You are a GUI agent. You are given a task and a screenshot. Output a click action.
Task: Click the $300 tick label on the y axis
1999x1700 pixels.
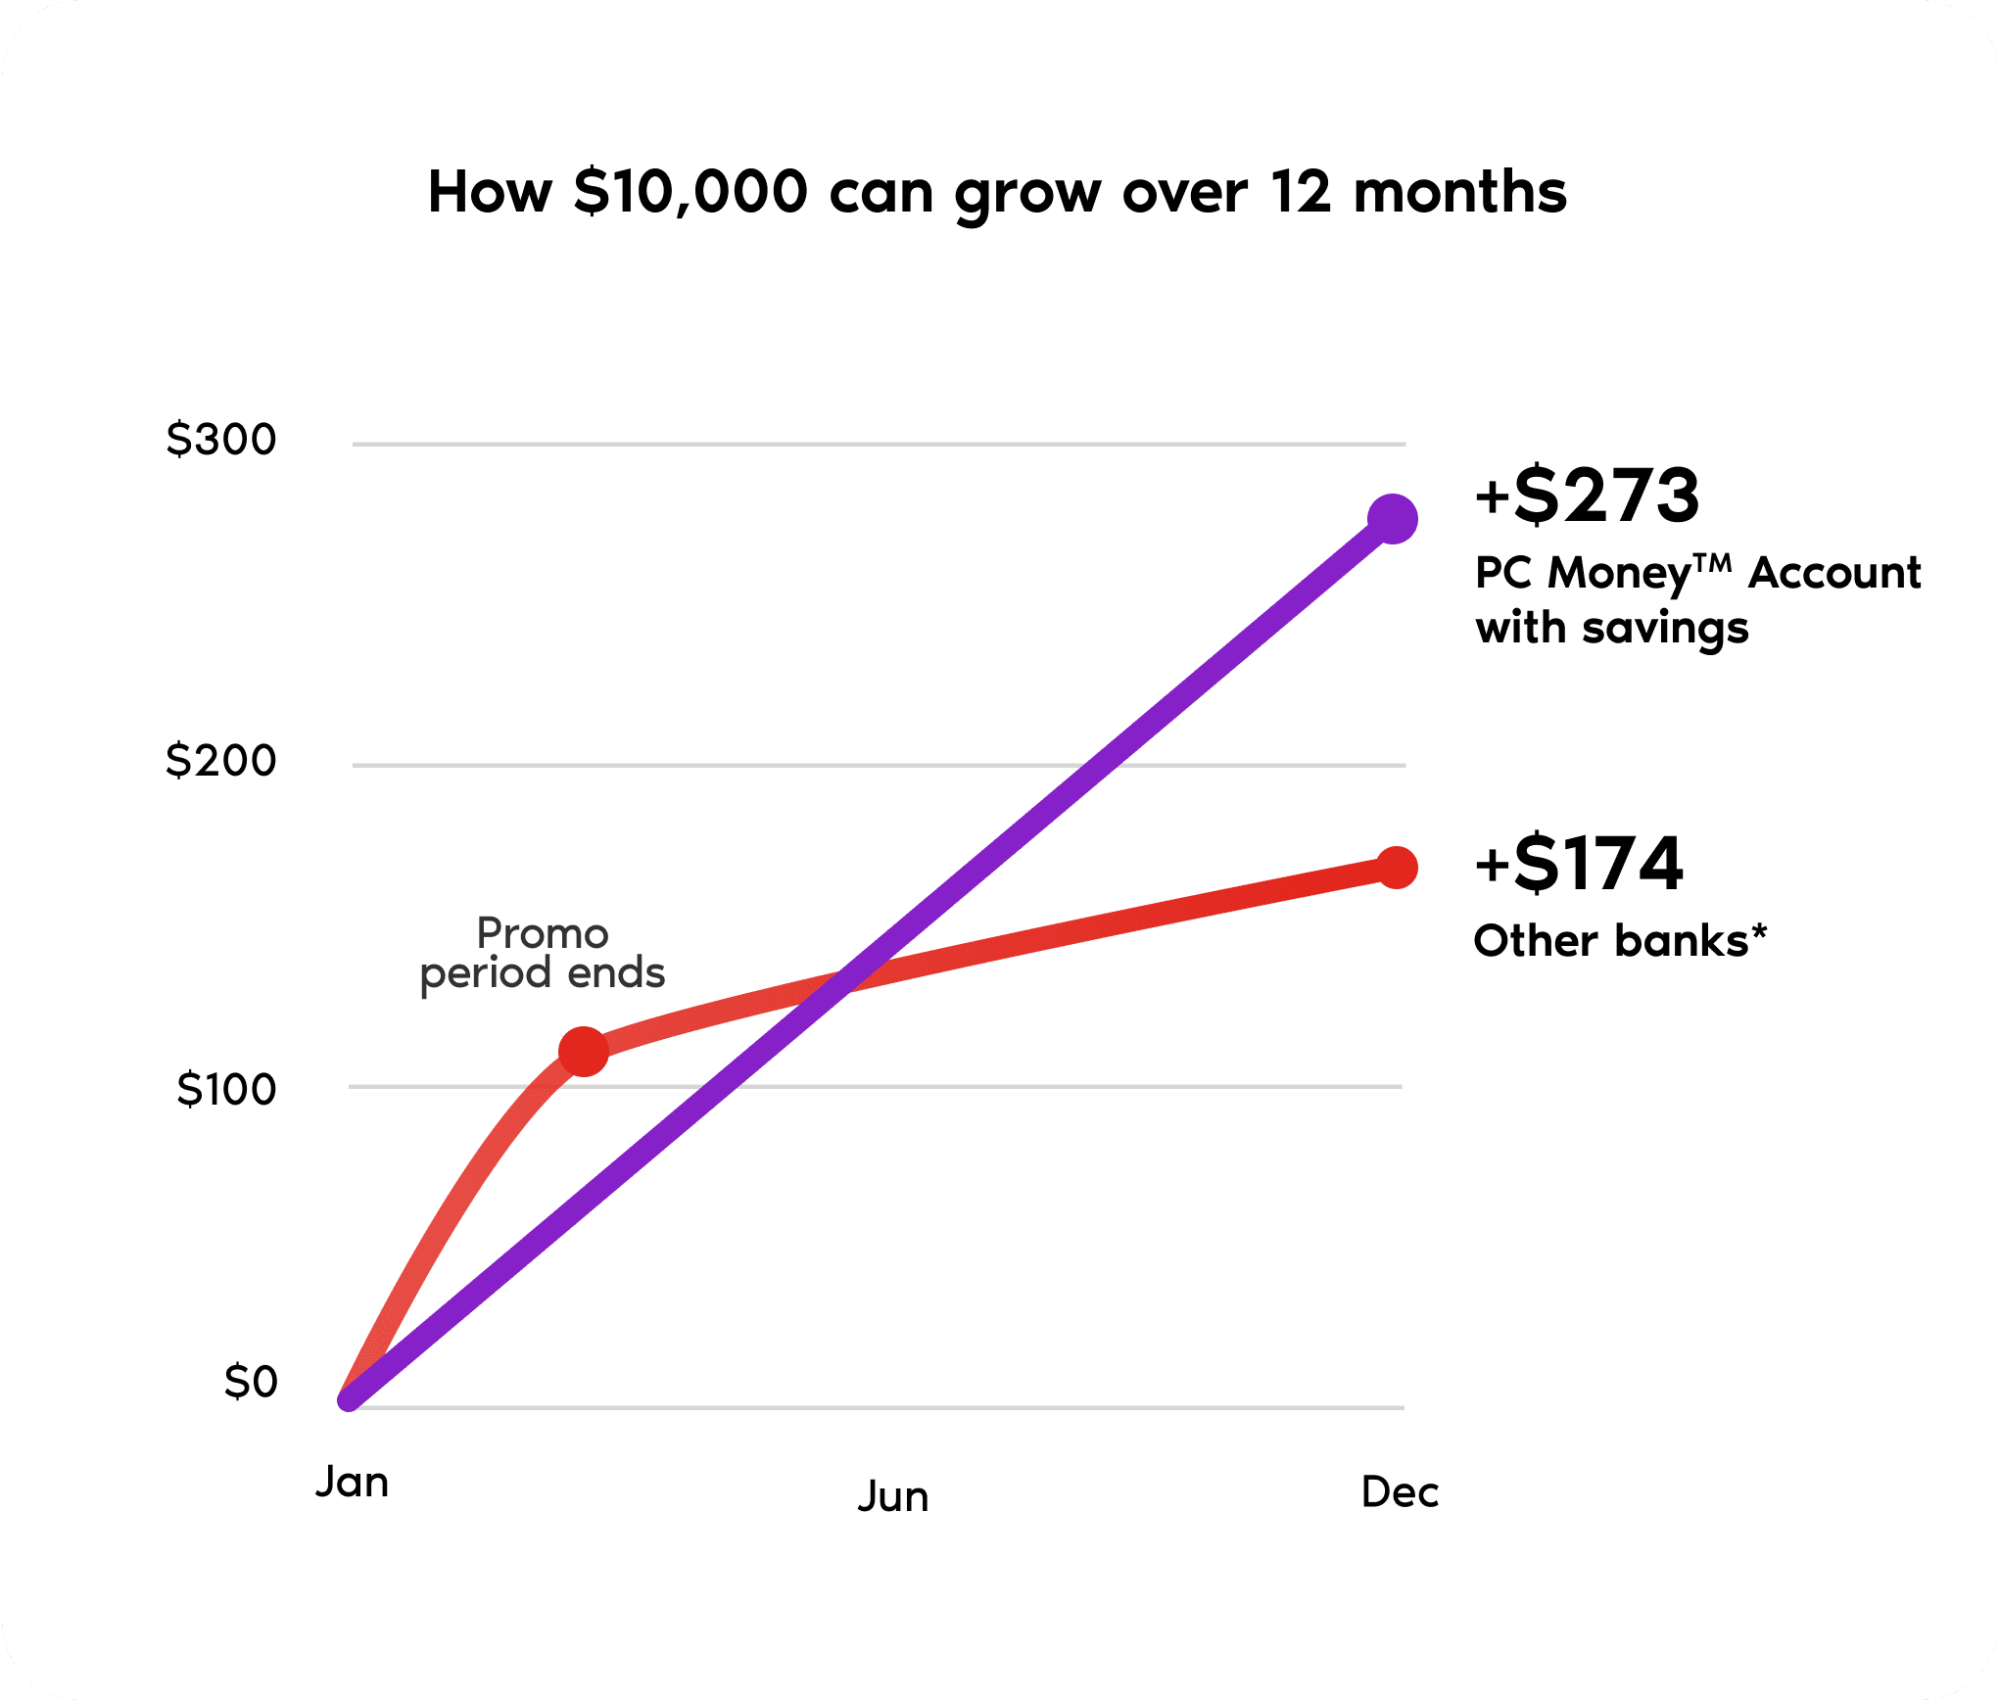[x=221, y=440]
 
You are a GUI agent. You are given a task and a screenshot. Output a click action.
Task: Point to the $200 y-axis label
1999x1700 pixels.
[x=221, y=761]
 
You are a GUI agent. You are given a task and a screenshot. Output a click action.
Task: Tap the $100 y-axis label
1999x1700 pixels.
[x=226, y=1090]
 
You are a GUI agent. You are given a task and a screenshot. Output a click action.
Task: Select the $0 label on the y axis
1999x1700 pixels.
[x=251, y=1382]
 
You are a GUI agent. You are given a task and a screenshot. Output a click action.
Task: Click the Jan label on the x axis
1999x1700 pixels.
[x=352, y=1483]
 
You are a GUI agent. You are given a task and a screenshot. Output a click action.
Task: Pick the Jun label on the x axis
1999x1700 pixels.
[x=893, y=1497]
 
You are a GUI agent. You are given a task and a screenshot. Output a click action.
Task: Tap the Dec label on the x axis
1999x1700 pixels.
[x=1400, y=1492]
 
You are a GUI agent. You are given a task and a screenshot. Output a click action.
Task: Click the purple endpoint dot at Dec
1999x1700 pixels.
[x=1392, y=519]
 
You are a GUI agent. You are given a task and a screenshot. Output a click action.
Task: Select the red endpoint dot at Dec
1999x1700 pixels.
[x=1397, y=868]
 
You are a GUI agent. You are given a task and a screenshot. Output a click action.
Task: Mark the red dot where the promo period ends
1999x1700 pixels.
[x=584, y=1052]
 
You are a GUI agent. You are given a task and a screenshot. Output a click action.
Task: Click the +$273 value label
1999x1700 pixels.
[x=1587, y=496]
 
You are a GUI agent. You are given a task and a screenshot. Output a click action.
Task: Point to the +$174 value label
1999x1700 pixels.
[x=1579, y=864]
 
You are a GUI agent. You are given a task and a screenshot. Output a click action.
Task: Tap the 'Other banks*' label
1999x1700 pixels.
[x=1620, y=941]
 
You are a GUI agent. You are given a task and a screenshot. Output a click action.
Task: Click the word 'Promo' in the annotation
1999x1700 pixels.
[x=543, y=933]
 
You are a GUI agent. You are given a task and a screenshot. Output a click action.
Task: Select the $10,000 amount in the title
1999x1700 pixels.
[x=690, y=192]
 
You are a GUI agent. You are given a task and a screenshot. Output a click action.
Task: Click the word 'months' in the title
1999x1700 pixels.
[x=1459, y=192]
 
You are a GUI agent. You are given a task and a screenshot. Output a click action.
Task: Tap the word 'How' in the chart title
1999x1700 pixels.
[x=490, y=192]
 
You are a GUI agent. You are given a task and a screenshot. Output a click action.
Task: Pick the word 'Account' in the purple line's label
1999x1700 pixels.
[x=1834, y=573]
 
